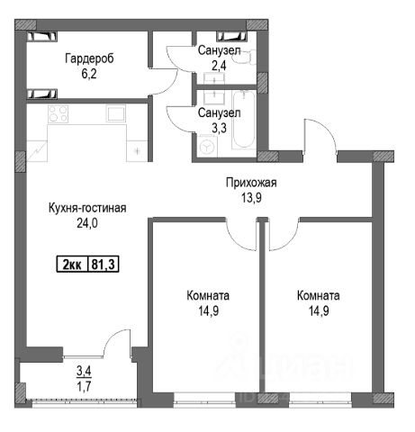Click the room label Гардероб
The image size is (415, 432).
pyautogui.click(x=89, y=58)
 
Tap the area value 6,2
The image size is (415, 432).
pyautogui.click(x=89, y=74)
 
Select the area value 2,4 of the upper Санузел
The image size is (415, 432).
pyautogui.click(x=219, y=66)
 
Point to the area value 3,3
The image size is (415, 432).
pyautogui.click(x=219, y=128)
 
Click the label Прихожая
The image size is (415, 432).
pyautogui.click(x=251, y=183)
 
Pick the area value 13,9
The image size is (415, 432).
pyautogui.click(x=251, y=198)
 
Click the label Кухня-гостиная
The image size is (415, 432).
pyautogui.click(x=87, y=208)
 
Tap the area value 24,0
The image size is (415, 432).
pyautogui.click(x=87, y=223)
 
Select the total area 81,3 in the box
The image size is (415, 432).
pyautogui.click(x=104, y=265)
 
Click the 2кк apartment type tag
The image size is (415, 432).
pyautogui.click(x=72, y=265)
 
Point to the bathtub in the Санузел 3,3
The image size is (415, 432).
pyautogui.click(x=244, y=120)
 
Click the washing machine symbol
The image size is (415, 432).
pyautogui.click(x=207, y=147)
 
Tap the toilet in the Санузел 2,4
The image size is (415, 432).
pyautogui.click(x=245, y=57)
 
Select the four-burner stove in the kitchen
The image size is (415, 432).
pyautogui.click(x=59, y=113)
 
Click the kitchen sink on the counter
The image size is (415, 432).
pyautogui.click(x=115, y=113)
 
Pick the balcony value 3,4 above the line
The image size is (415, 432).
pyautogui.click(x=84, y=371)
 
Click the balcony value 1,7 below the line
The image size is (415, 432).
pyautogui.click(x=84, y=386)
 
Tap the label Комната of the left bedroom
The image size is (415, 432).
pyautogui.click(x=208, y=296)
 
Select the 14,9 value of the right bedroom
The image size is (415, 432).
pyautogui.click(x=319, y=310)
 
